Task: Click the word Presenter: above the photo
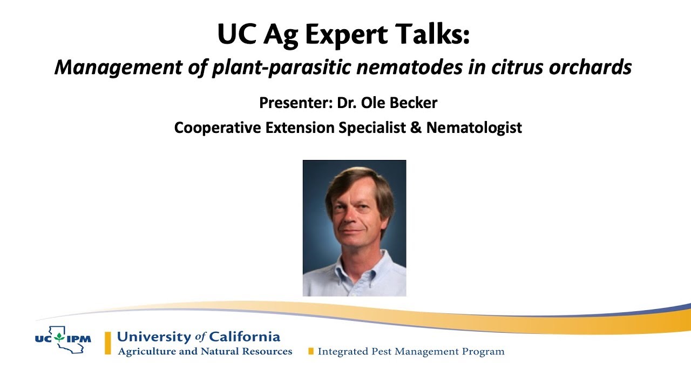click(x=295, y=103)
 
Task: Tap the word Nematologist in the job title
click(x=474, y=128)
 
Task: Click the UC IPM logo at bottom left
click(x=63, y=340)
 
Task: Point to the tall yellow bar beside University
click(x=108, y=343)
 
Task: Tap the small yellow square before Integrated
click(x=310, y=352)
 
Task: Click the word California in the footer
click(x=245, y=337)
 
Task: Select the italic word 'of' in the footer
click(x=200, y=337)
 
